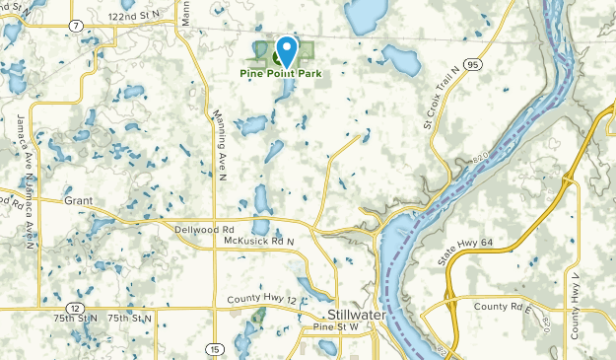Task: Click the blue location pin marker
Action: point(287,49)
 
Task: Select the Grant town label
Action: point(78,200)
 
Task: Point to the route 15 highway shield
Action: point(214,348)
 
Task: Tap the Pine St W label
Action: point(333,327)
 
